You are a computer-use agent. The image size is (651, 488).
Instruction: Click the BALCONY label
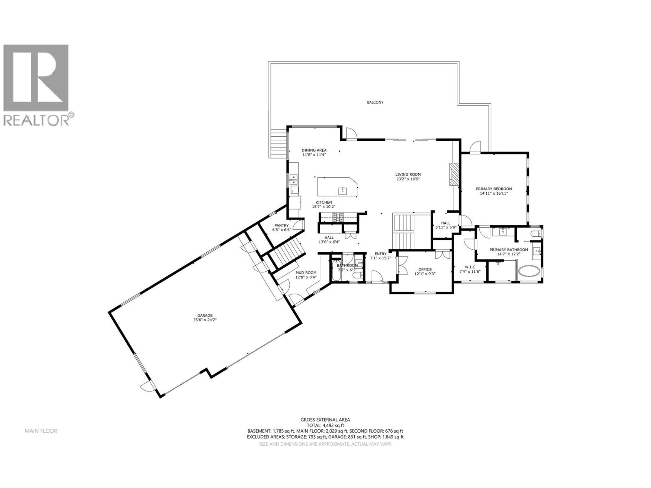pyautogui.click(x=375, y=102)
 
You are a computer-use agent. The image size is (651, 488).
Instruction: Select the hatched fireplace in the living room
pyautogui.click(x=454, y=174)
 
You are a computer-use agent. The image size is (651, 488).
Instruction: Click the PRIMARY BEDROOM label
pyautogui.click(x=494, y=189)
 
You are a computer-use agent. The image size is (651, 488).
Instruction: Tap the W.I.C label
pyautogui.click(x=470, y=267)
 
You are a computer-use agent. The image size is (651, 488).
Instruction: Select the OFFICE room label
pyautogui.click(x=425, y=269)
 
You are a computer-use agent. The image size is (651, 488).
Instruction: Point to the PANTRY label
pyautogui.click(x=281, y=225)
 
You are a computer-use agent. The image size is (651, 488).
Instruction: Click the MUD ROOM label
pyautogui.click(x=306, y=273)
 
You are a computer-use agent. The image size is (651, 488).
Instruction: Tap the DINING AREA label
pyautogui.click(x=314, y=150)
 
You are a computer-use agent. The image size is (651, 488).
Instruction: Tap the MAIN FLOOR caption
pyautogui.click(x=41, y=431)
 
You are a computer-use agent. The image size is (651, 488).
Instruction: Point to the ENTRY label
pyautogui.click(x=380, y=253)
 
